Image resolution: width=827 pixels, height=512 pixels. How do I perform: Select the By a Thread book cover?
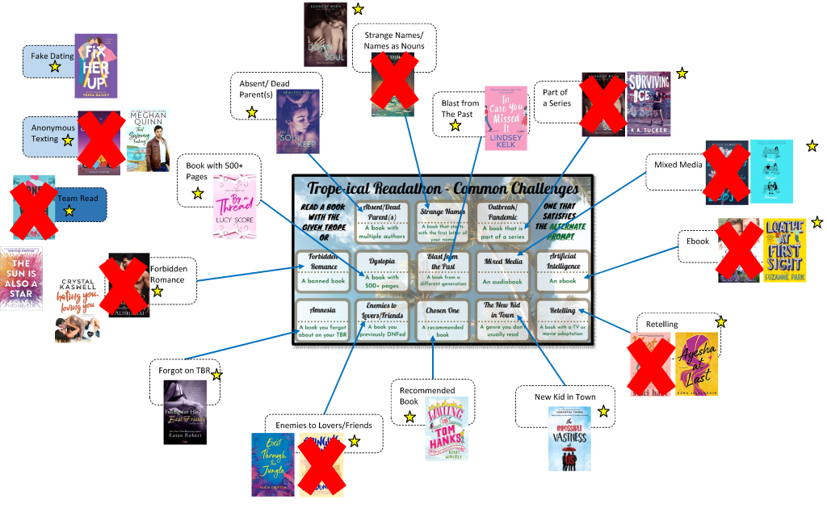(x=234, y=207)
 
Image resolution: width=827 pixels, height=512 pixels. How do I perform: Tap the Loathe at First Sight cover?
(x=784, y=250)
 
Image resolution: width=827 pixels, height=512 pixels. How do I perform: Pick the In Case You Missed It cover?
(x=506, y=119)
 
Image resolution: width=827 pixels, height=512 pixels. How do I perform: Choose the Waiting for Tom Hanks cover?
(x=447, y=429)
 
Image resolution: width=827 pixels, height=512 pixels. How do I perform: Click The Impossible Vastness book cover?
(x=569, y=438)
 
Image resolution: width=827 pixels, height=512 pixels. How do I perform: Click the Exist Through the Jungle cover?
(x=272, y=464)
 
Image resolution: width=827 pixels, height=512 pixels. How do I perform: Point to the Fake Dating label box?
(x=48, y=61)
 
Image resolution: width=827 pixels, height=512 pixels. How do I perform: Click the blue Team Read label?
(x=79, y=204)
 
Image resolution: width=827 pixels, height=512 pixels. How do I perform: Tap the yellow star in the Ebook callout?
(x=817, y=222)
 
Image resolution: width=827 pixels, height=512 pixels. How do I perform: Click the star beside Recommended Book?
(x=409, y=417)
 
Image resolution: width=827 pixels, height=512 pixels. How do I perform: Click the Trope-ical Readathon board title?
(x=443, y=188)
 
